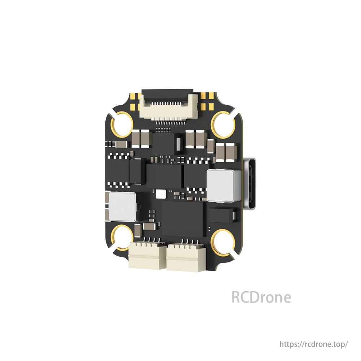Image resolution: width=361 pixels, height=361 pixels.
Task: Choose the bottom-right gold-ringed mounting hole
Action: click(222, 240)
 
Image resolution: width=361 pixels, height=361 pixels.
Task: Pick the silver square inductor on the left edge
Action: click(121, 207)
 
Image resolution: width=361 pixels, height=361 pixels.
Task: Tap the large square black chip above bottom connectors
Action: click(184, 219)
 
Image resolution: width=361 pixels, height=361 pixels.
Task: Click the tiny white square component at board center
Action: click(160, 194)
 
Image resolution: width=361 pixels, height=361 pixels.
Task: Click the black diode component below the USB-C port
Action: click(221, 215)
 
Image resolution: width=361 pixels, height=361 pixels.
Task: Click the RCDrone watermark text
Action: click(261, 297)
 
